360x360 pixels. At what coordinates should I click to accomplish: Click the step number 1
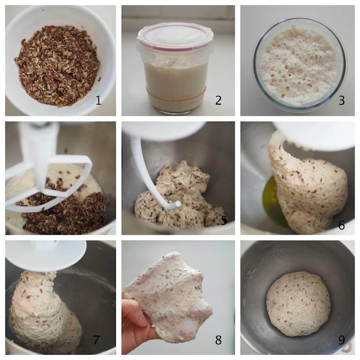98,101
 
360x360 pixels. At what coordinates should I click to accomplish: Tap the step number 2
218,101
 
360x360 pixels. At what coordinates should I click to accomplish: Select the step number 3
341,101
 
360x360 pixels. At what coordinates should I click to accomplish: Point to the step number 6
341,225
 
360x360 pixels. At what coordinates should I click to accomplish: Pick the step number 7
96,340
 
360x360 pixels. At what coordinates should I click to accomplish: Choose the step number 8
218,340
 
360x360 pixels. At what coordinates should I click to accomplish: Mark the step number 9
341,340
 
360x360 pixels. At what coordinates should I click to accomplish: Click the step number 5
224,221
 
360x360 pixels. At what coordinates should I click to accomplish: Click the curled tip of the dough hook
177,204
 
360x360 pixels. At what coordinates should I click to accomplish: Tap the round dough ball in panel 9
298,304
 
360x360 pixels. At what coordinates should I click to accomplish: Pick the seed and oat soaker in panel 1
57,65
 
